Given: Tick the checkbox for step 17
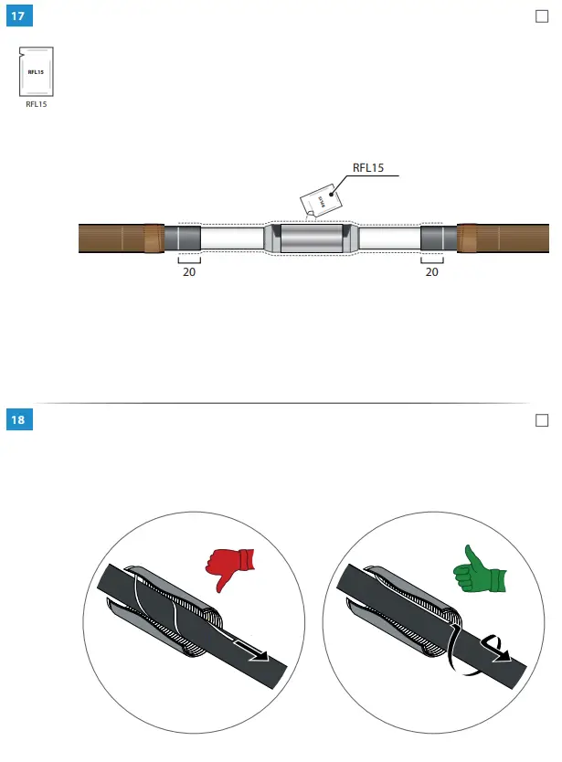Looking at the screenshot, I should (x=539, y=17).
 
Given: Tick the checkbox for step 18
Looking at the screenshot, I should (x=539, y=419).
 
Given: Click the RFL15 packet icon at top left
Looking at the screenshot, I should (x=36, y=71).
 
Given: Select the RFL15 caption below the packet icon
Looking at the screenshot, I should (x=36, y=105).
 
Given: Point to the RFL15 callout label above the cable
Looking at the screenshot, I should (x=368, y=167).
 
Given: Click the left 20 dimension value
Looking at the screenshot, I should (x=189, y=271).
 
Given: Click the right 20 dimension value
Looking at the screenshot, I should (x=432, y=271).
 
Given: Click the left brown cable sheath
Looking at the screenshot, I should (x=114, y=239).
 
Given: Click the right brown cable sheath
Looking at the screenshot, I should (x=507, y=239).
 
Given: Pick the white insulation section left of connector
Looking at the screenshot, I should (x=232, y=239).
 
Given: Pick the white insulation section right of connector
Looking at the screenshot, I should (x=388, y=239).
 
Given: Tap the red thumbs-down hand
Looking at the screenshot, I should (x=227, y=566).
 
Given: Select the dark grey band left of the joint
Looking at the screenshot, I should (x=183, y=239).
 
